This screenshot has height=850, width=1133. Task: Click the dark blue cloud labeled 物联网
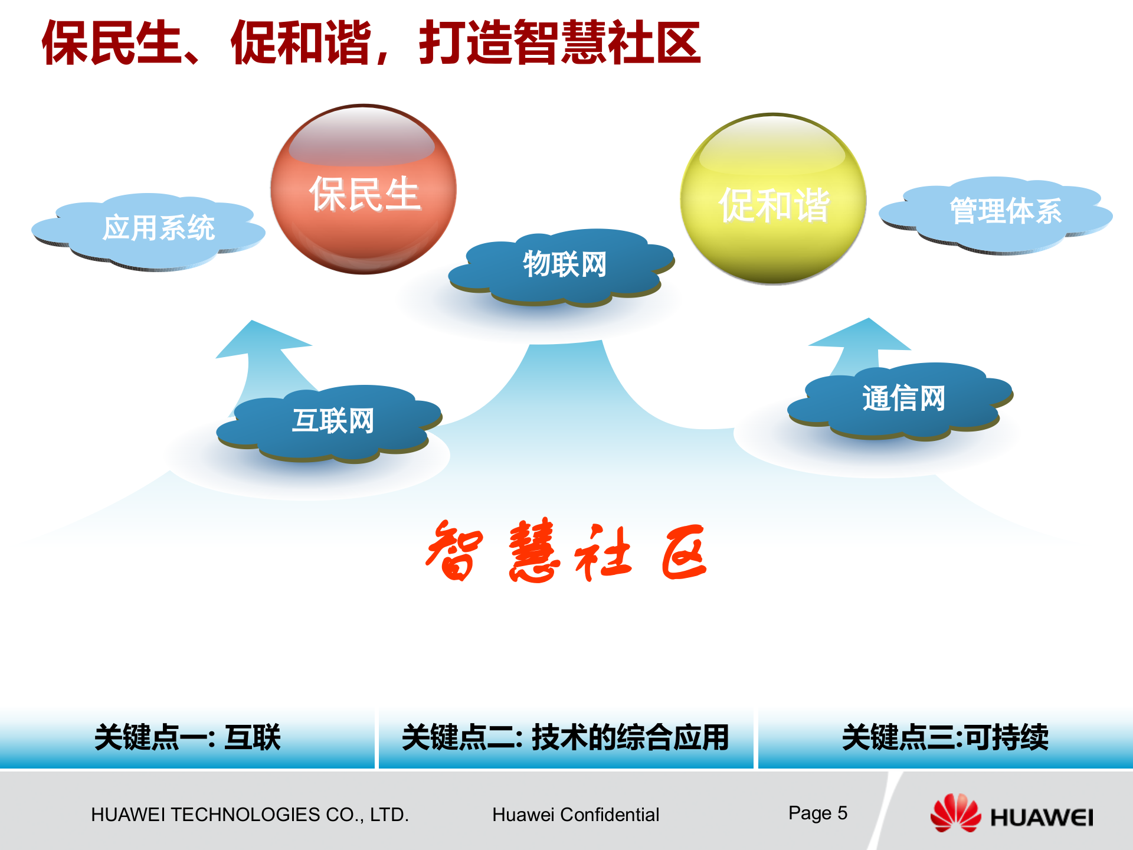click(564, 266)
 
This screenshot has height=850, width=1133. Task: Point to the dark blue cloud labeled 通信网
click(903, 400)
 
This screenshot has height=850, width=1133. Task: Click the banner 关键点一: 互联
click(187, 738)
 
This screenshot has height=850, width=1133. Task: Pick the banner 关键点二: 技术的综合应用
click(565, 738)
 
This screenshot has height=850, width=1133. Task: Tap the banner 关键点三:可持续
click(945, 738)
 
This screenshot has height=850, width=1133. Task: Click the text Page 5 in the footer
click(817, 813)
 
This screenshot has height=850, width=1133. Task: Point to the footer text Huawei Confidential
click(575, 815)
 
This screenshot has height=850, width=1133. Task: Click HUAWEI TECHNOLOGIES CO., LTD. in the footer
click(250, 815)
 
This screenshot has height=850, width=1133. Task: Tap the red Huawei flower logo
click(955, 813)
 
